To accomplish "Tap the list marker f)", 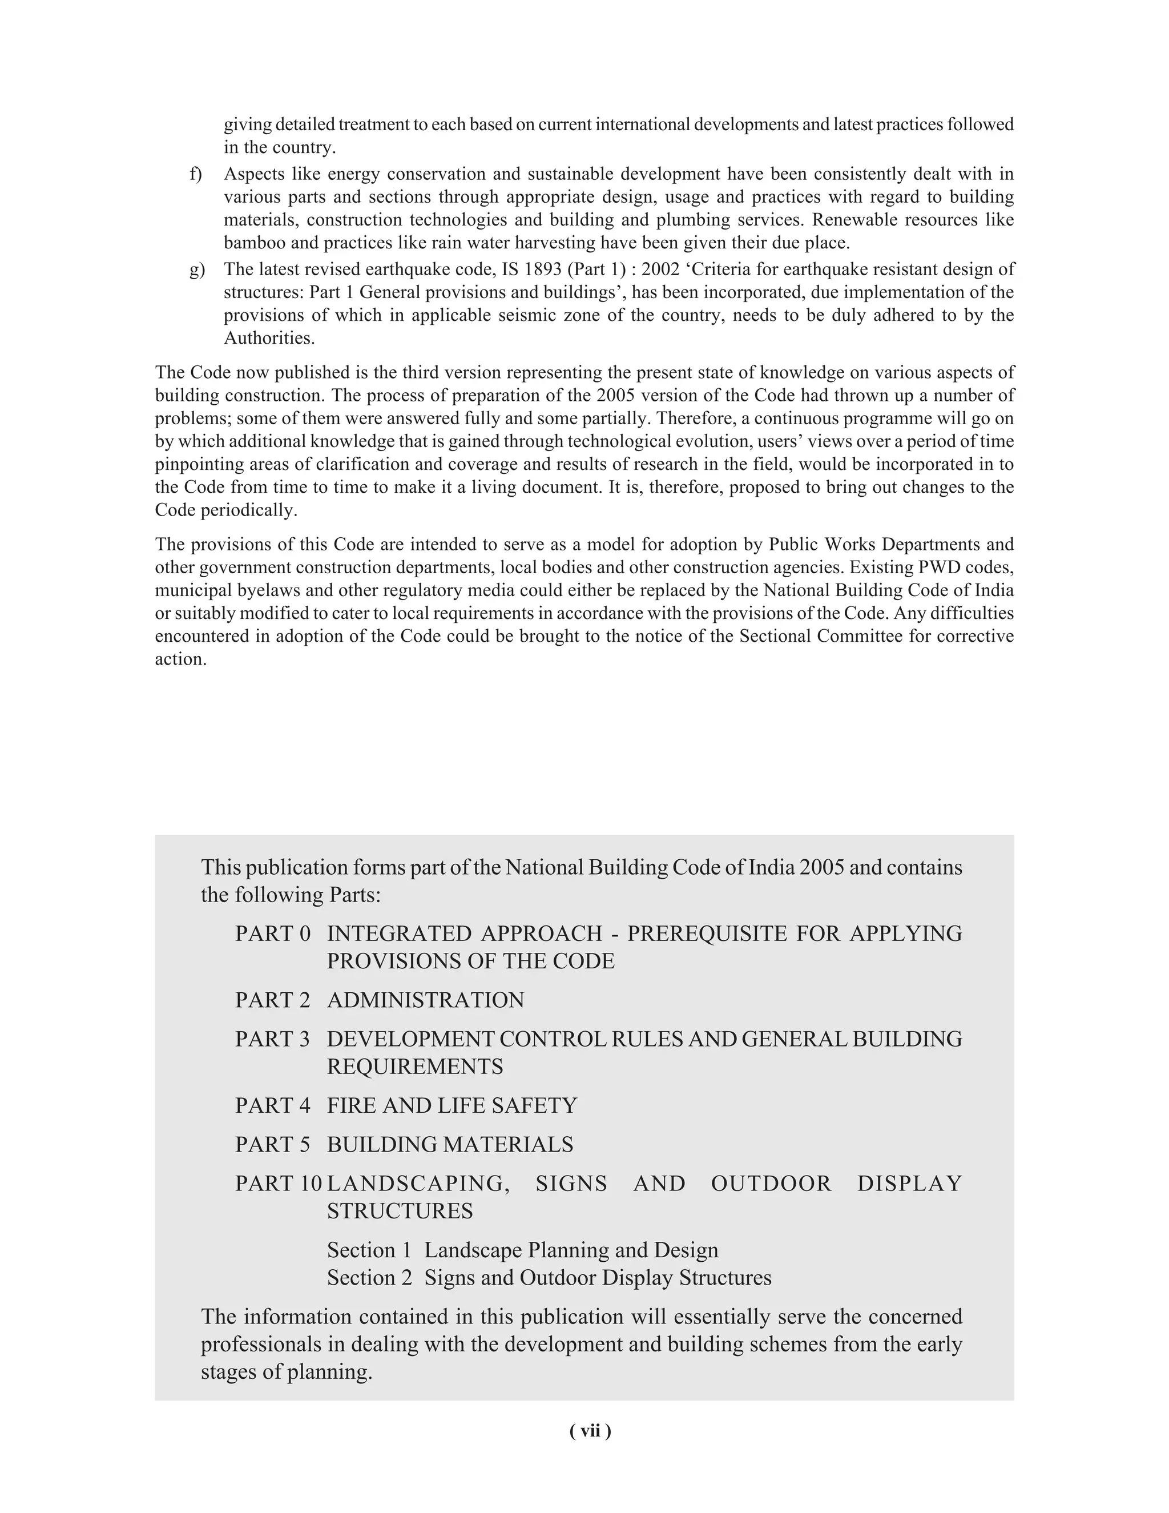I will pyautogui.click(x=196, y=174).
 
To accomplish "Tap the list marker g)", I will pyautogui.click(x=197, y=269).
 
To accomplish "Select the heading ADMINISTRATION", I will pyautogui.click(x=425, y=1000).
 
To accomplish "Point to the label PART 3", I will pyautogui.click(x=273, y=1039).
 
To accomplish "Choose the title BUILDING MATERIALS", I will pyautogui.click(x=450, y=1144).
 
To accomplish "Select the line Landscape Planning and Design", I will pyautogui.click(x=571, y=1250).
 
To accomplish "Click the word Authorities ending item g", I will pyautogui.click(x=269, y=338).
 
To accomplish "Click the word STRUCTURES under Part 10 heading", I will pyautogui.click(x=400, y=1211).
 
